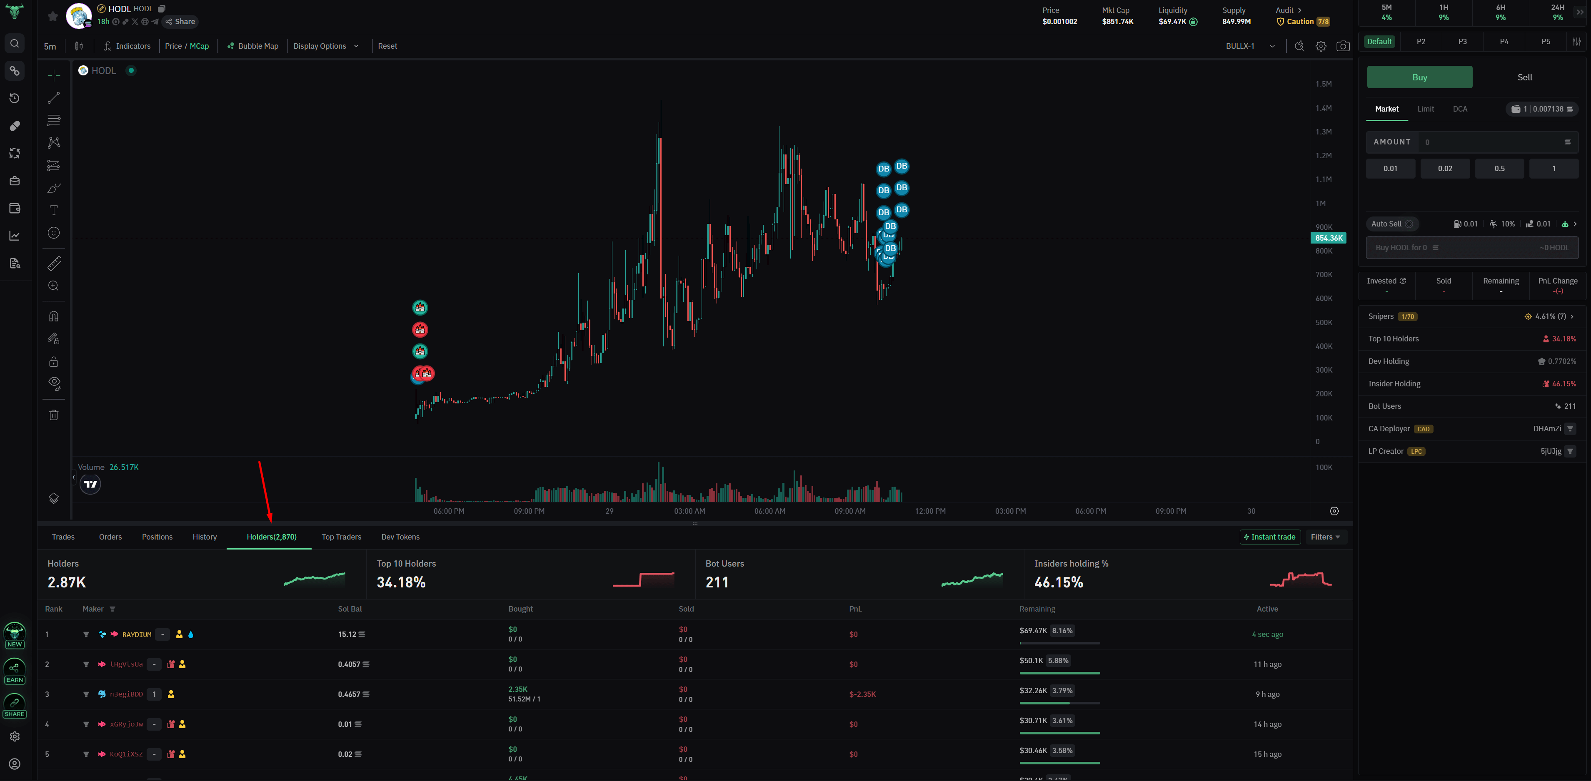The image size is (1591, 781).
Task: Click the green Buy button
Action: [1419, 77]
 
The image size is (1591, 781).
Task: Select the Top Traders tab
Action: [341, 537]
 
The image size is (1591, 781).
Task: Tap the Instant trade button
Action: [1269, 537]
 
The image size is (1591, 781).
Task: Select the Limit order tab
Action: [1426, 109]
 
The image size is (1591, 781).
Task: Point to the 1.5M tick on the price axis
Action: [1323, 84]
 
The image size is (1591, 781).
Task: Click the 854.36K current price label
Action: [1328, 238]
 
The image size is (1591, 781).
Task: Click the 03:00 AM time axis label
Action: [689, 511]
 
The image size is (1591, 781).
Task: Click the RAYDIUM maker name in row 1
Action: [137, 635]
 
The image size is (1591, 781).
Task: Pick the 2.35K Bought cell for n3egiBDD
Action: [517, 689]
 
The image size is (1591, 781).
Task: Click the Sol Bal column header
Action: [350, 609]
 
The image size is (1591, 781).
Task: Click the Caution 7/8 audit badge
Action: [1303, 22]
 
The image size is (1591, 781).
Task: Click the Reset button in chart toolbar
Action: [387, 46]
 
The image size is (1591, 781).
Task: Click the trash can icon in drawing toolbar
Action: [54, 415]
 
